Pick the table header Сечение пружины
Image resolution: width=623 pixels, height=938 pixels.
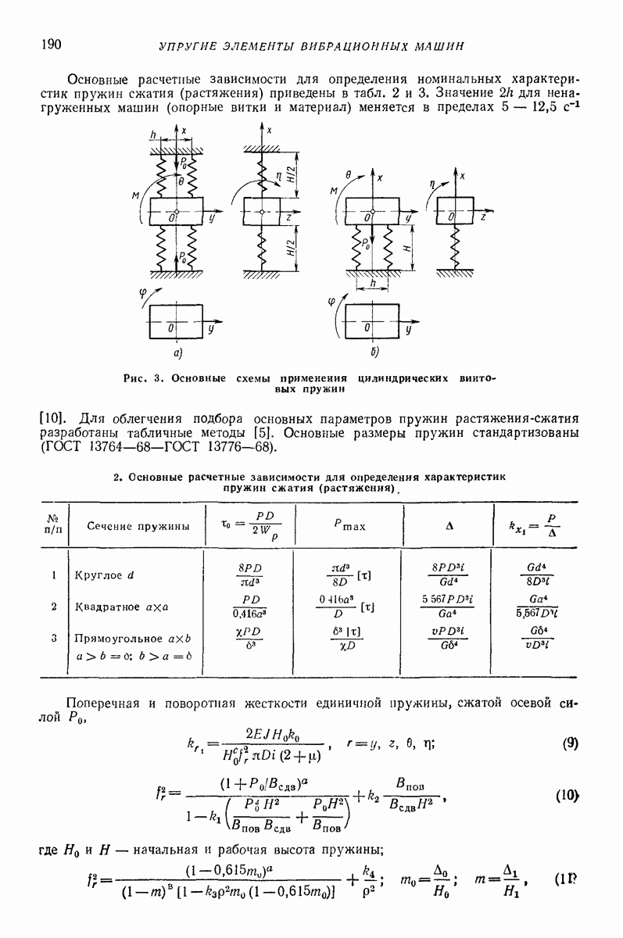(138, 526)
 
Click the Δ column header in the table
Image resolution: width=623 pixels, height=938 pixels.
(449, 526)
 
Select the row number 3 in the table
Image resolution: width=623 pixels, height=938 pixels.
(54, 638)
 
